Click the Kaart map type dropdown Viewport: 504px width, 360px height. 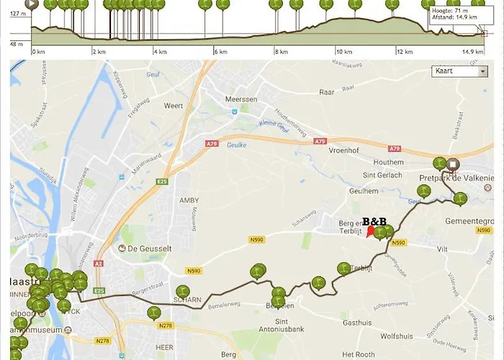coord(459,71)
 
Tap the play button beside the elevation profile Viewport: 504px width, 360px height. coord(31,4)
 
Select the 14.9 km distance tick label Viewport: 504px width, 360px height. coord(473,52)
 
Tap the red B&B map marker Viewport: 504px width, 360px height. coord(371,231)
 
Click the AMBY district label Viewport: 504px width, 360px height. coord(189,200)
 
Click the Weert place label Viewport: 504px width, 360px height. coord(174,106)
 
